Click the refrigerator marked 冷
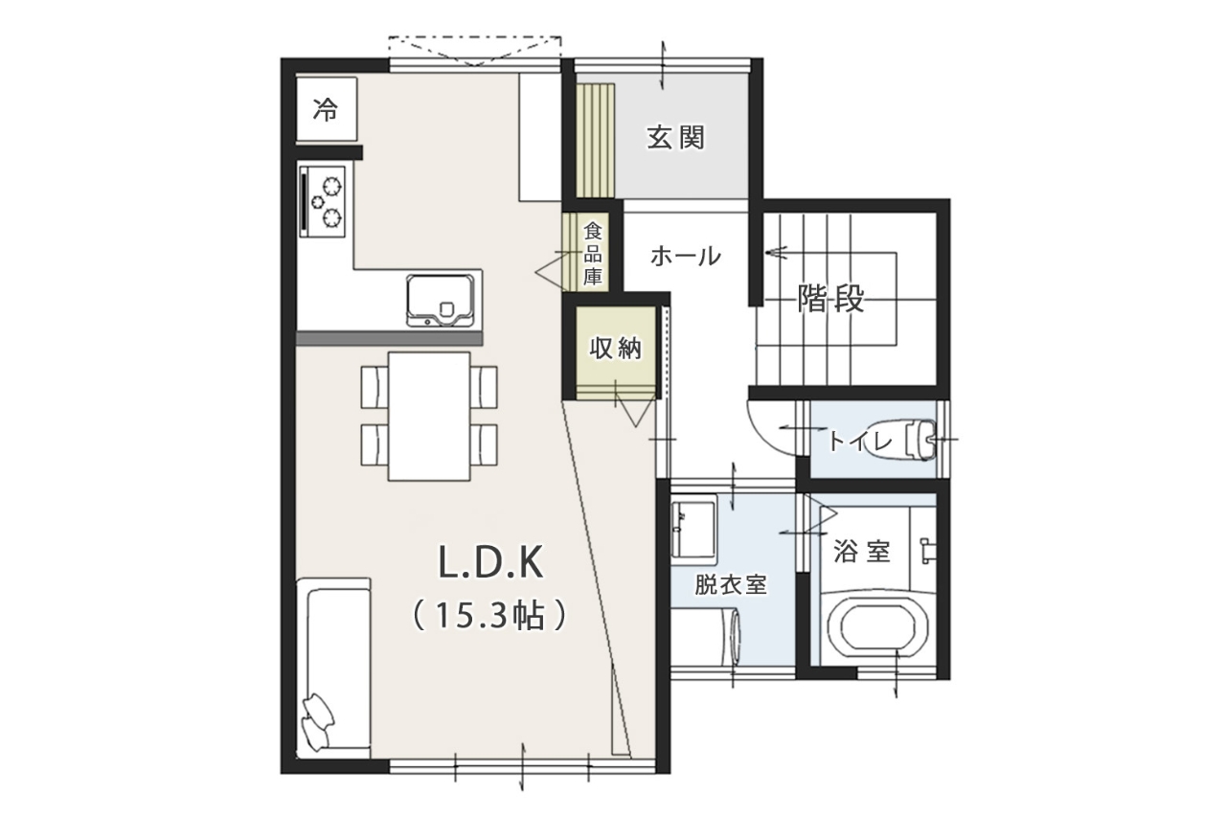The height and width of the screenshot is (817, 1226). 327,109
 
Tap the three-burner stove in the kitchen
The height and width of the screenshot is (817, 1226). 323,202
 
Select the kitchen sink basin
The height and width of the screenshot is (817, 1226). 440,301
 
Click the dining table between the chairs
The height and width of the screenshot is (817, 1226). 429,417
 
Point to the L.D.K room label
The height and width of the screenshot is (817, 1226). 490,562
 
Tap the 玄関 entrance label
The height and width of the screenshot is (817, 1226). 675,137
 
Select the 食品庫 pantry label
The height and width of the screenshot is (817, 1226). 592,254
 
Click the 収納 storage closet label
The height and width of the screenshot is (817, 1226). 615,348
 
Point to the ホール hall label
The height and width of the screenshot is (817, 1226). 686,256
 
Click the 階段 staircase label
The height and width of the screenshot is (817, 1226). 830,298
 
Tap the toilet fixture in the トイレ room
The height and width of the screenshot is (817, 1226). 921,439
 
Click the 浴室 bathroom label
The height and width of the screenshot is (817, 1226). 861,551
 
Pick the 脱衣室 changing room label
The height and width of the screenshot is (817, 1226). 731,585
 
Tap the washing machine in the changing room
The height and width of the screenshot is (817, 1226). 706,638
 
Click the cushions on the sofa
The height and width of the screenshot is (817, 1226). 317,720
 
